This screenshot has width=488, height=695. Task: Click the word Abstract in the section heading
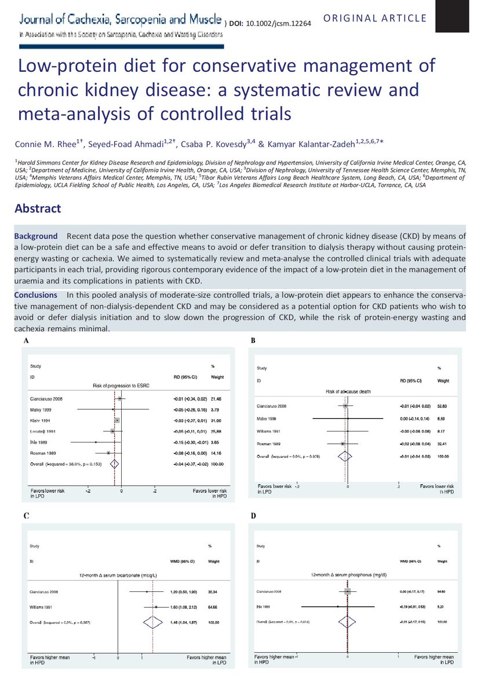point(38,209)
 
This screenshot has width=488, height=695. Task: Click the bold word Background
point(36,236)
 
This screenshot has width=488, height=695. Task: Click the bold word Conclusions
point(36,295)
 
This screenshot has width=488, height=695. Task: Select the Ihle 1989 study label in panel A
point(39,442)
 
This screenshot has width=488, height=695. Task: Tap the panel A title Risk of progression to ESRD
point(121,385)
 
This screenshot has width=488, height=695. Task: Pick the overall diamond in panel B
point(347,456)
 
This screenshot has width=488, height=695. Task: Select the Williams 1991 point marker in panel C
point(156,607)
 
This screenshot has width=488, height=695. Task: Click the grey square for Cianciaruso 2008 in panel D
point(347,591)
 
